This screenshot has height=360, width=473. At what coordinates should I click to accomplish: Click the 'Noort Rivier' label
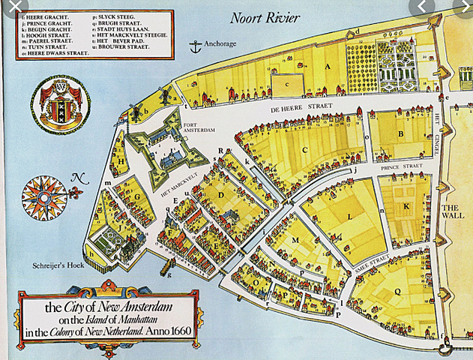(266, 17)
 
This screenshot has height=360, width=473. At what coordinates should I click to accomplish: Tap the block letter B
(402, 135)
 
